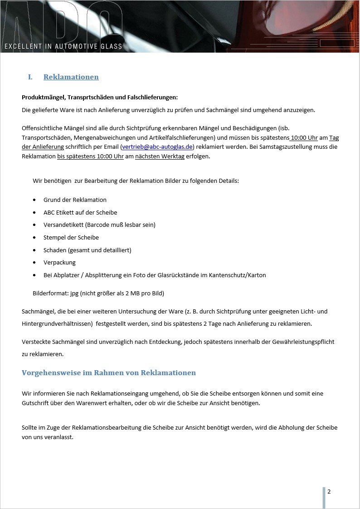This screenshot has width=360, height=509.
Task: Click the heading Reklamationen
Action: click(x=71, y=77)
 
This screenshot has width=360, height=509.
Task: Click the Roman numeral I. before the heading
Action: click(x=30, y=77)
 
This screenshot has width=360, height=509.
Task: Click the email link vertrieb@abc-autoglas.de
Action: click(x=157, y=147)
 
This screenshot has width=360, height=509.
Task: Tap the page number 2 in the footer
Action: click(x=329, y=492)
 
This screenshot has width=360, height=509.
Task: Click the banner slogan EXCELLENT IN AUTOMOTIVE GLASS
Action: click(x=63, y=46)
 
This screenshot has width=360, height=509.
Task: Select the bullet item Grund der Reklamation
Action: click(x=75, y=200)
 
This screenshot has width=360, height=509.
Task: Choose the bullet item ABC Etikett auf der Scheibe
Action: click(x=80, y=212)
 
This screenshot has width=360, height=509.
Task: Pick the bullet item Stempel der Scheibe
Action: click(x=71, y=237)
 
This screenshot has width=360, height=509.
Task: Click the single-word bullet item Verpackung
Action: click(x=59, y=263)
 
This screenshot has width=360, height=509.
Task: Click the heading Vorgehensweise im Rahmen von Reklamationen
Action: click(x=109, y=373)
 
